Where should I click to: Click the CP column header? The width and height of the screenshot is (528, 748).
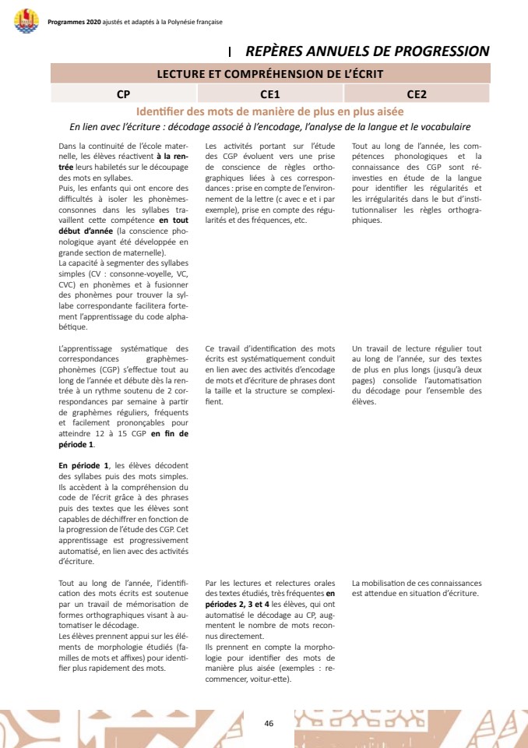coord(123,94)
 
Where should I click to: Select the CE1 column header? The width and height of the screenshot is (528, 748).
coord(270,94)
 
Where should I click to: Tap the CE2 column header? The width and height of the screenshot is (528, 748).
coord(417,94)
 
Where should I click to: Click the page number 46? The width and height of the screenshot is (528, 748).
coord(269,723)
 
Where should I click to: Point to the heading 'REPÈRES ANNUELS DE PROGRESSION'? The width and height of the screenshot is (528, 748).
coord(367,51)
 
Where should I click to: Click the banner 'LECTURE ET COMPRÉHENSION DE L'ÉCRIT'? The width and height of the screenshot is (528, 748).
coord(270,74)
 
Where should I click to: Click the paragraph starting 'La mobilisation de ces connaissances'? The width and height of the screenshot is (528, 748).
coord(417,587)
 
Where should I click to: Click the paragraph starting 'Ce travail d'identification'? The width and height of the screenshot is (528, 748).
coord(270,375)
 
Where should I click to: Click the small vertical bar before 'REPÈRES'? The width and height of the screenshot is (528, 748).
coord(231,52)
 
